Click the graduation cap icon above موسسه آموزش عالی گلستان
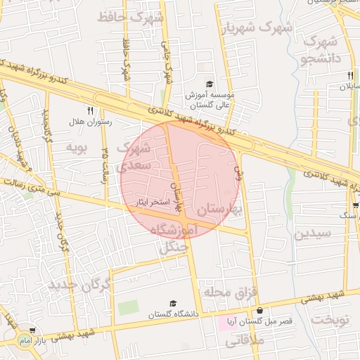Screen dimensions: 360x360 tap(209, 84)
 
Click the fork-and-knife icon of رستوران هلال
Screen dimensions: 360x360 tap(89, 110)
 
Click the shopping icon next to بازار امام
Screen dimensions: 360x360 tap(32, 330)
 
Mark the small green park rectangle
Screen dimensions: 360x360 tap(128, 307)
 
